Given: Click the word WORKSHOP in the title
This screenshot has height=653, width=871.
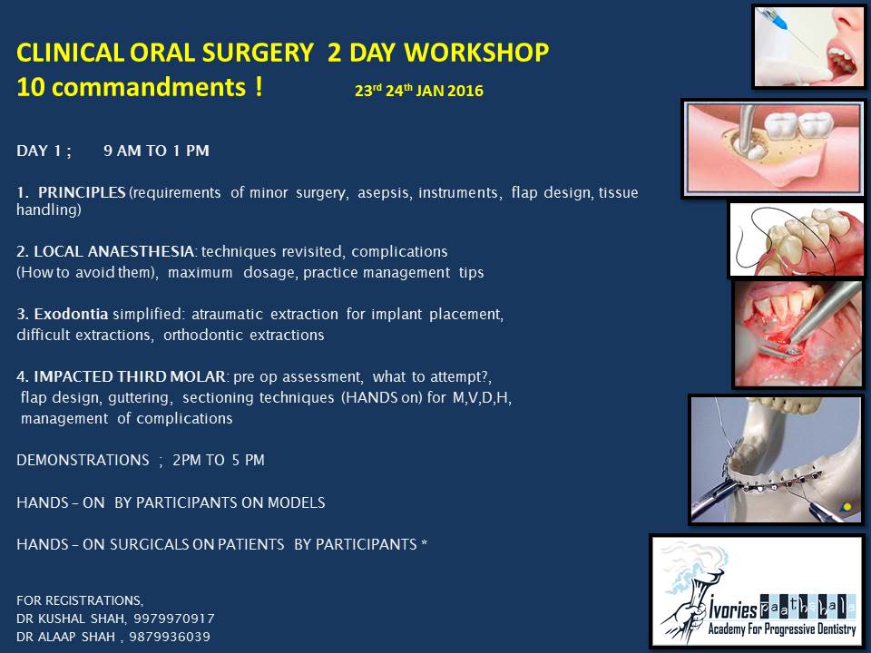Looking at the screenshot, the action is pos(476,53).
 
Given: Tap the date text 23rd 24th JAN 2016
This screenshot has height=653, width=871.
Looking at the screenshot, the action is pos(419,91).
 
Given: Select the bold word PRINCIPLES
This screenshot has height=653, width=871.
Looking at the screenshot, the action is pos(82,192).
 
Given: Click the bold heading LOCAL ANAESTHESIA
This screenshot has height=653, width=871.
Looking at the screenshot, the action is pos(114,251).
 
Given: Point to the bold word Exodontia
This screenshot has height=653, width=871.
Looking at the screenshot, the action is pos(71,315).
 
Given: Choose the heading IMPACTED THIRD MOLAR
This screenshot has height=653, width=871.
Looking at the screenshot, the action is pos(130,377).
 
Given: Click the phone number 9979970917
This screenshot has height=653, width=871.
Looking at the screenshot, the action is pos(174,619).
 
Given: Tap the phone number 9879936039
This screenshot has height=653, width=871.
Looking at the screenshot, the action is pos(170,637).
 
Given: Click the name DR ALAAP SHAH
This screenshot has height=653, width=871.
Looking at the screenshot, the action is pos(65,637).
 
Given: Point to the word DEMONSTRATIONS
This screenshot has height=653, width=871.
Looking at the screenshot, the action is pos(83,461).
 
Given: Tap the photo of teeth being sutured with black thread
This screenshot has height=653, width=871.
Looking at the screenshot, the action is pos(797,239).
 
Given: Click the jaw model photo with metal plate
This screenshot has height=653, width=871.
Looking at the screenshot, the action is pos(777,459).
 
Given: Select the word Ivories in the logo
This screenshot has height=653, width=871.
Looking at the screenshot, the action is pos(733,609).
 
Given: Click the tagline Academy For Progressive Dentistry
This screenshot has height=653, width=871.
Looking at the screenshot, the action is pos(781,629).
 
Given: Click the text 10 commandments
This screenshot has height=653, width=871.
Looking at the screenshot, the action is pos(131,87).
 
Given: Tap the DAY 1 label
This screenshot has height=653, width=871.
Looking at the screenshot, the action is pos(44,151).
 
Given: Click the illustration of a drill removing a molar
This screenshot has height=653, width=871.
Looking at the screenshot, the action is pos(773,149).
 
